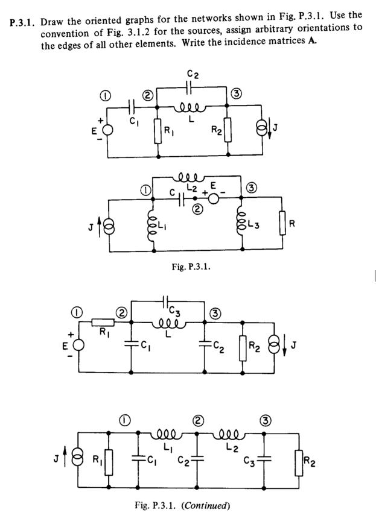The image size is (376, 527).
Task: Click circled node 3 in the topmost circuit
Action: click(x=237, y=93)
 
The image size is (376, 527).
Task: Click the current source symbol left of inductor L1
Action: click(x=109, y=227)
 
